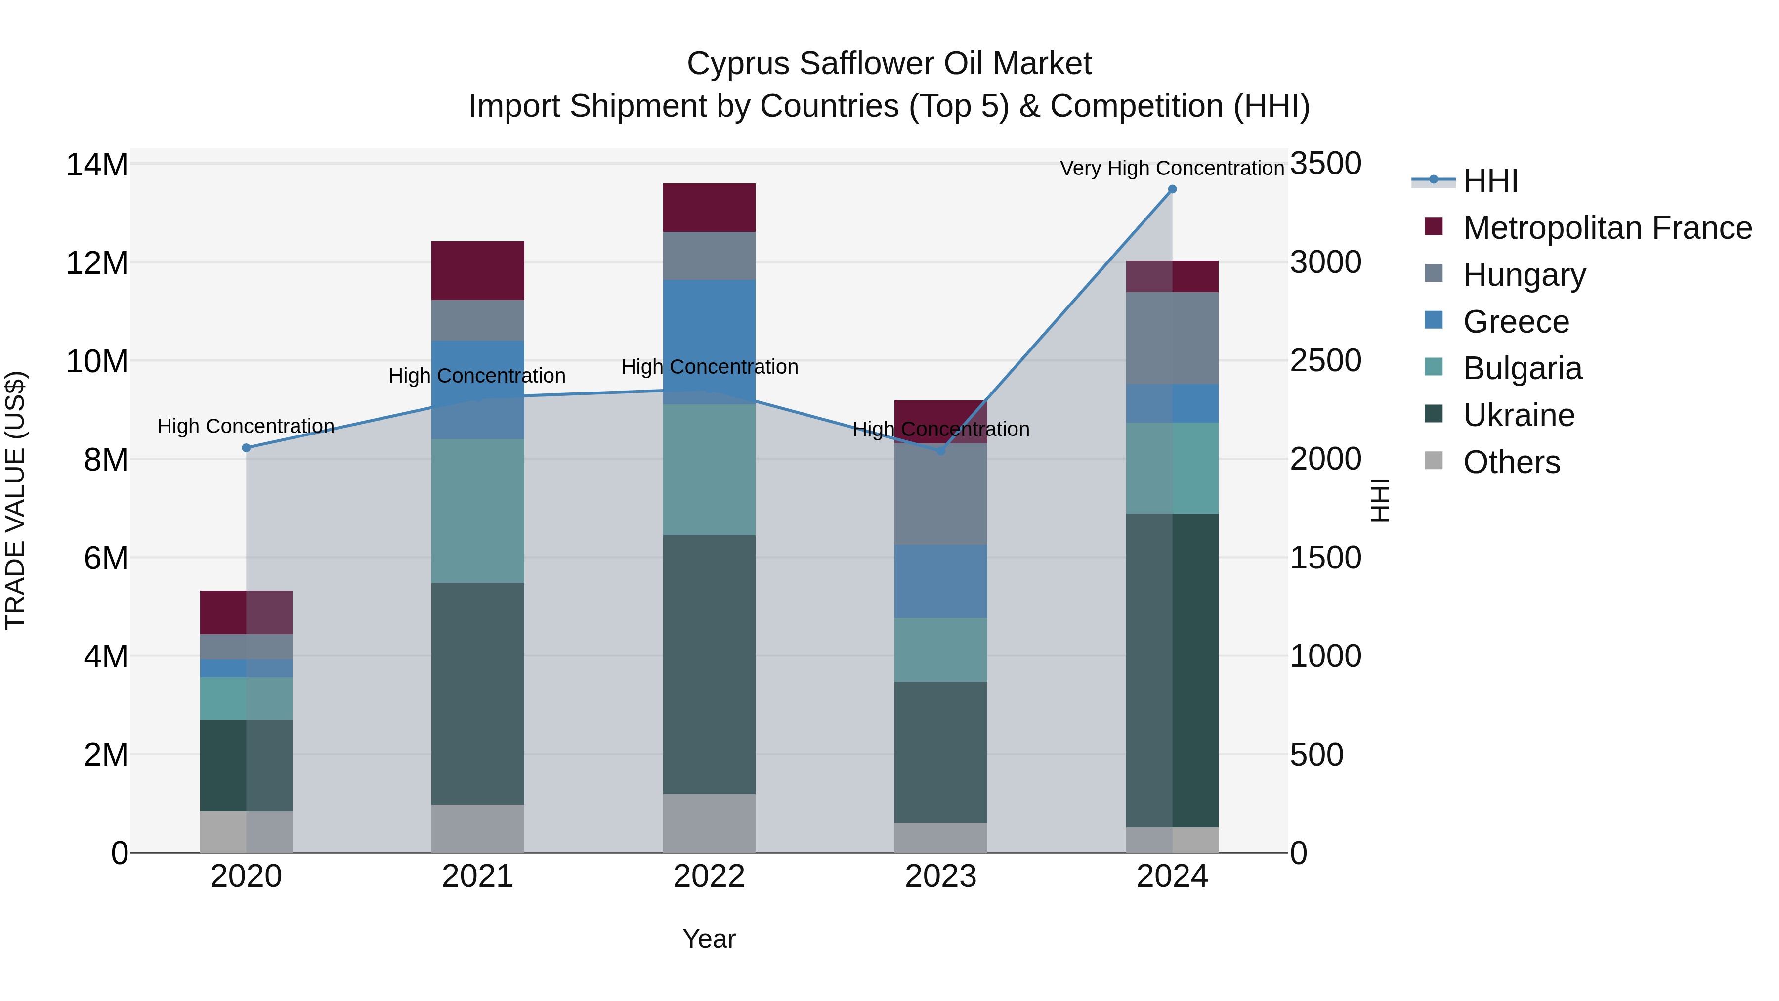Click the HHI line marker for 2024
coord(1172,189)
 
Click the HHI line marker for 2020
coord(247,448)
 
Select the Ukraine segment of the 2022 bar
coord(709,664)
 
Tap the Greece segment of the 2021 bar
coord(478,389)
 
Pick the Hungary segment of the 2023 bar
coord(940,494)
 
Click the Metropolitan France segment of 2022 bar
coord(709,207)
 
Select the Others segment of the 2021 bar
coord(478,828)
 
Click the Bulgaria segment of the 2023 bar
coord(940,650)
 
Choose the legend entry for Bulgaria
coord(1522,368)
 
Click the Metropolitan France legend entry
coord(1607,228)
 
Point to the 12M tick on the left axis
coord(97,263)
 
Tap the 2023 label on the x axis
coord(940,876)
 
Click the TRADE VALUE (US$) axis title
coord(15,500)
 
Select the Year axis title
coord(709,939)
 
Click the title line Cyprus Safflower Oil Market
coord(889,64)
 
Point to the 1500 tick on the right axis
coord(1325,558)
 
